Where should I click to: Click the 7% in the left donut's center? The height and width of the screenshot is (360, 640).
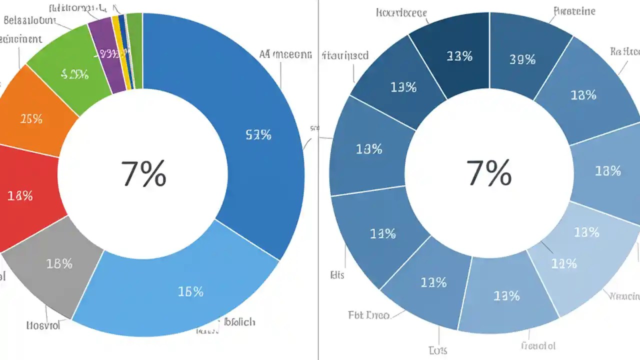pyautogui.click(x=143, y=173)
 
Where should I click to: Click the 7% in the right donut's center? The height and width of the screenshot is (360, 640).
pyautogui.click(x=488, y=173)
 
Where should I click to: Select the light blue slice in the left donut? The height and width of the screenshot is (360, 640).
pyautogui.click(x=175, y=290)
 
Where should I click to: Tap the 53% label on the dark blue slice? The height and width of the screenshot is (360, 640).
pyautogui.click(x=258, y=134)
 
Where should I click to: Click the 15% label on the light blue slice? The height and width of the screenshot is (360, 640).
pyautogui.click(x=190, y=291)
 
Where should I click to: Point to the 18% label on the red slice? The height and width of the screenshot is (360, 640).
pyautogui.click(x=20, y=196)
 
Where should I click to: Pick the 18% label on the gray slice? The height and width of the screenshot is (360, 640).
pyautogui.click(x=59, y=263)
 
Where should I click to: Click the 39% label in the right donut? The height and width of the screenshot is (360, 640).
pyautogui.click(x=522, y=59)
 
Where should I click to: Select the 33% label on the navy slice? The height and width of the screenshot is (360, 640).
pyautogui.click(x=459, y=56)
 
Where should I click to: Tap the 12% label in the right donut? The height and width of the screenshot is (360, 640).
pyautogui.click(x=564, y=263)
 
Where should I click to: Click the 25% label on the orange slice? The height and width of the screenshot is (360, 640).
pyautogui.click(x=31, y=119)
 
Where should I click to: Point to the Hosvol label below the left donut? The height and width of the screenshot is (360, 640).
pyautogui.click(x=43, y=325)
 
